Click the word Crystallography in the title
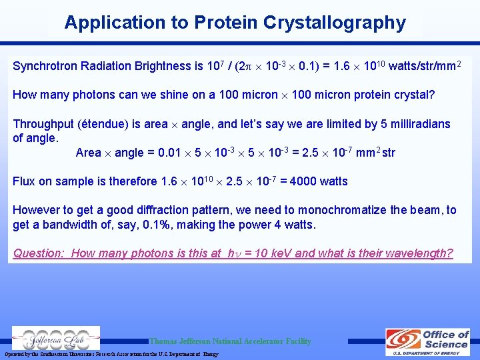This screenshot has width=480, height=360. pos(335,23)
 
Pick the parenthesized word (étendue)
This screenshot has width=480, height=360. pos(105,124)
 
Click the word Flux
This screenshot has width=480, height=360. pos(25,181)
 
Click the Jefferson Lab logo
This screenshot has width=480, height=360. pos(56,338)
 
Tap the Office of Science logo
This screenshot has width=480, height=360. pos(427,341)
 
